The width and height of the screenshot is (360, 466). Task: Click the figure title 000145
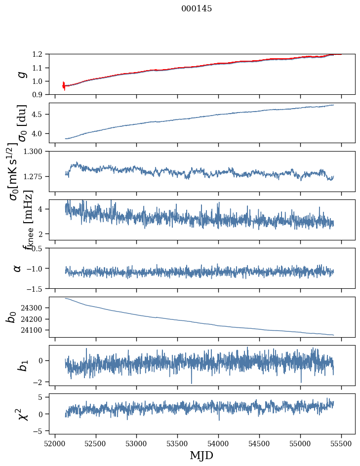point(197,9)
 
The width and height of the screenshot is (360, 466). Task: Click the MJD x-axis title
point(201,455)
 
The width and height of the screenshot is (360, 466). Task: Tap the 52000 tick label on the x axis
point(55,443)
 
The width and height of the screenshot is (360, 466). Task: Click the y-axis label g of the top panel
point(21,74)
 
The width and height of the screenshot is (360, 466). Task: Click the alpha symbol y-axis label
point(18,268)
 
